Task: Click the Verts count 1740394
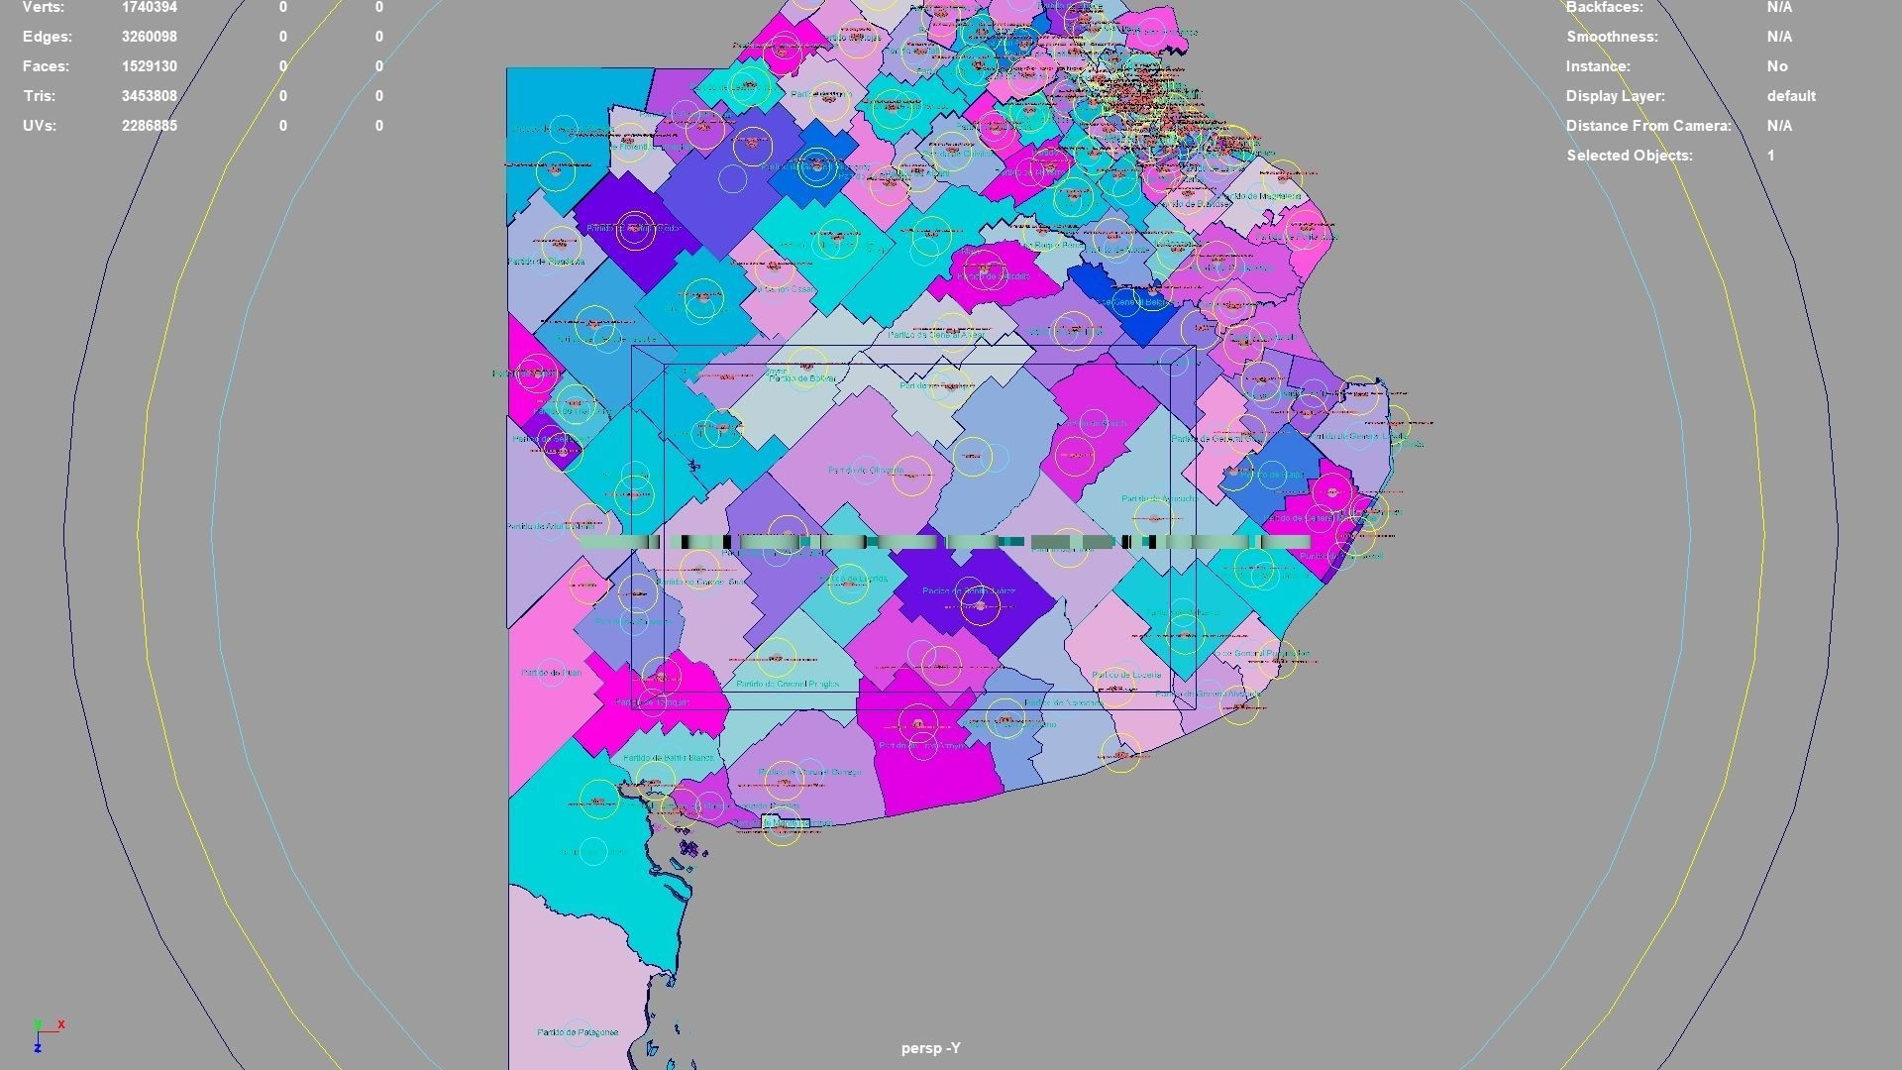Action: [x=150, y=7]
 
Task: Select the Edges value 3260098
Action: [x=150, y=37]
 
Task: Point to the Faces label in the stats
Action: [x=46, y=66]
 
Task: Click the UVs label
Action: [x=39, y=126]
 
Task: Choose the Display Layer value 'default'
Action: [x=1790, y=96]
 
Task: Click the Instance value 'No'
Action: [x=1777, y=66]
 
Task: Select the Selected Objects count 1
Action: [x=1770, y=156]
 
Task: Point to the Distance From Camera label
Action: [x=1648, y=126]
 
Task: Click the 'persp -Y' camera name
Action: [x=930, y=1048]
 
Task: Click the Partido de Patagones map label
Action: [x=578, y=1032]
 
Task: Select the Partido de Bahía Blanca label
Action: [x=668, y=758]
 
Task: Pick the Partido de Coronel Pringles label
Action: [x=788, y=684]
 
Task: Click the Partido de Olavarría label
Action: [x=866, y=471]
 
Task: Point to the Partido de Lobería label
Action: [x=1126, y=675]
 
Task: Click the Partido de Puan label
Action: [x=550, y=673]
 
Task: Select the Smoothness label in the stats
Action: [x=1612, y=37]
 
